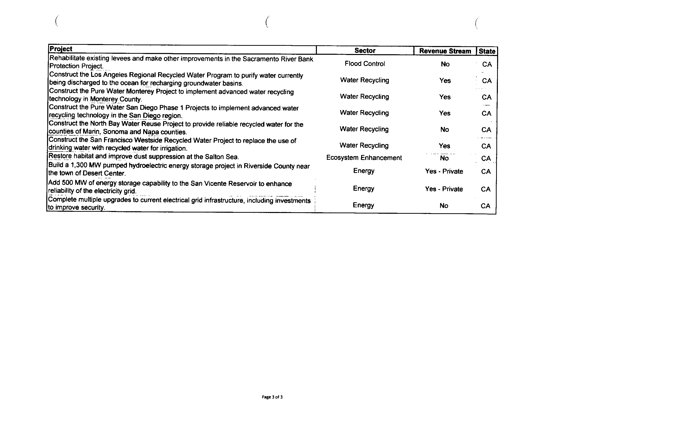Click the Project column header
(x=61, y=49)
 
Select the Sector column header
(x=365, y=51)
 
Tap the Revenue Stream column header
(x=445, y=51)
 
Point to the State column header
(x=487, y=52)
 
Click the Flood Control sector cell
(x=365, y=64)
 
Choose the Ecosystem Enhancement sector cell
(x=364, y=158)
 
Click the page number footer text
(x=272, y=397)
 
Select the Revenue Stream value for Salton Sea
(x=444, y=158)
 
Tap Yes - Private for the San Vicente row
(x=444, y=189)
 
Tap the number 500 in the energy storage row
(x=67, y=183)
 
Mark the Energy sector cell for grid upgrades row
(x=363, y=205)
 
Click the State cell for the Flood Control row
(x=487, y=64)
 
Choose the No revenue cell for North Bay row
(x=444, y=129)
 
